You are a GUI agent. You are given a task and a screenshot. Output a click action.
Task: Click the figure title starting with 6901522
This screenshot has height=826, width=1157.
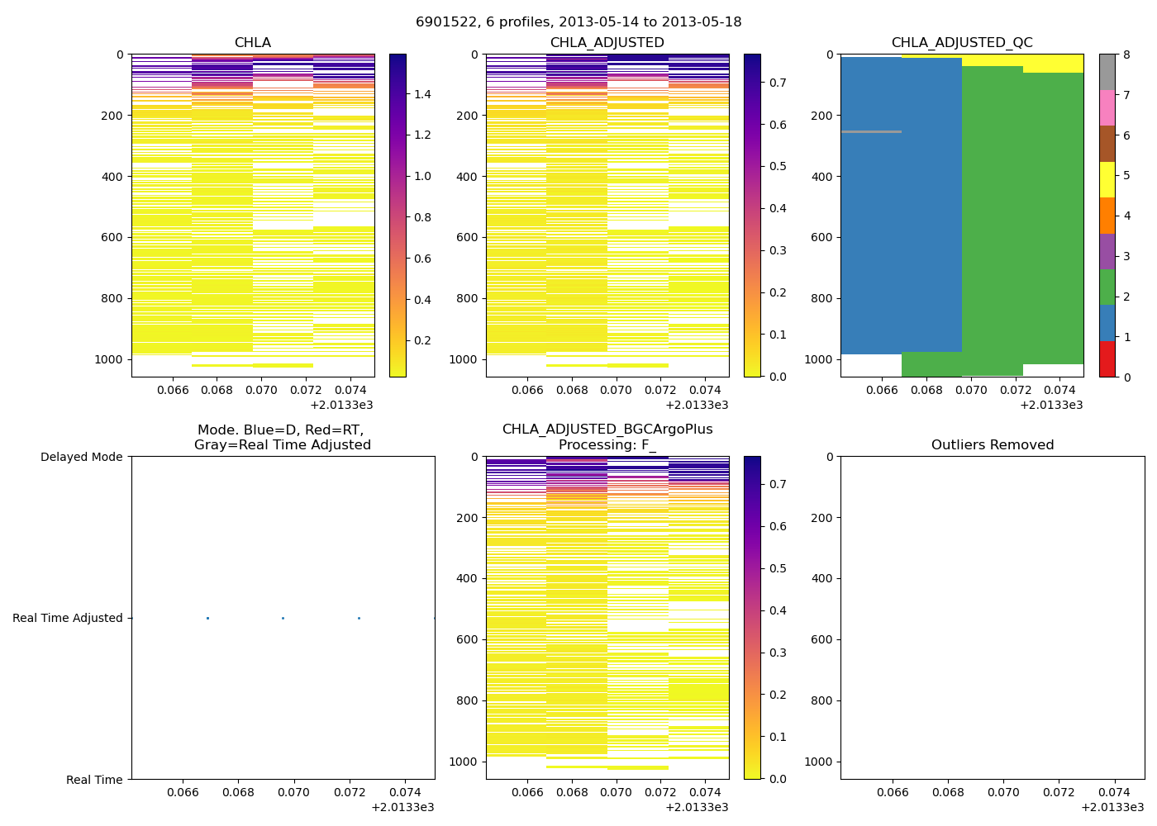(578, 22)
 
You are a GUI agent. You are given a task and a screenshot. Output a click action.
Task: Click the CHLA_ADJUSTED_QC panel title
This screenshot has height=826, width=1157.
(962, 43)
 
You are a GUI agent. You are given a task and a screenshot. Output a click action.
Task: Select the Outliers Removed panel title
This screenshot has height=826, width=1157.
(993, 445)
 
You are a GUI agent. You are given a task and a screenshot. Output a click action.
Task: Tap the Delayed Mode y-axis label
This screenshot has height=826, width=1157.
(81, 457)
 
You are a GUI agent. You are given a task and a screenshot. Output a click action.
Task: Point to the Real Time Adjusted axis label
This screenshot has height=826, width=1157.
(68, 618)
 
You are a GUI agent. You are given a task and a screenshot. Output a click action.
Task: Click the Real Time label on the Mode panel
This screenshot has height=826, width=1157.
(94, 780)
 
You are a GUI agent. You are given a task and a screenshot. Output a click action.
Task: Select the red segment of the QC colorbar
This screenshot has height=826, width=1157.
(1107, 359)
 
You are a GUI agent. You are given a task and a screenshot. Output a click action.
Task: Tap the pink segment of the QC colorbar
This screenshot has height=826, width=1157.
(1107, 107)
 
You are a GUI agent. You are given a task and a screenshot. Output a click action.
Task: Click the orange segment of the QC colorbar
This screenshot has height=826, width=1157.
(1107, 216)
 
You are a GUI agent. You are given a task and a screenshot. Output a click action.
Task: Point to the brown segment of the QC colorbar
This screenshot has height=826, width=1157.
(1107, 144)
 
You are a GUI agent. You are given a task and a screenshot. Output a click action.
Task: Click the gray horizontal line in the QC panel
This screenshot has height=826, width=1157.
(871, 131)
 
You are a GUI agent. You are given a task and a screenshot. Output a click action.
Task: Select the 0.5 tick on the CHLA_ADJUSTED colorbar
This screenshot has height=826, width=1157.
(778, 166)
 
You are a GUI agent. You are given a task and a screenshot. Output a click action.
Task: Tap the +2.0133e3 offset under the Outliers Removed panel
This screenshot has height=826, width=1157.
(1112, 807)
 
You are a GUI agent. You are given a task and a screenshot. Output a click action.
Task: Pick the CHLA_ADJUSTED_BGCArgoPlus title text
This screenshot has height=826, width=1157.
(607, 430)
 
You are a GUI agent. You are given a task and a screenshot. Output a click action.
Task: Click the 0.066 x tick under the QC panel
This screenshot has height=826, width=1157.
(882, 390)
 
